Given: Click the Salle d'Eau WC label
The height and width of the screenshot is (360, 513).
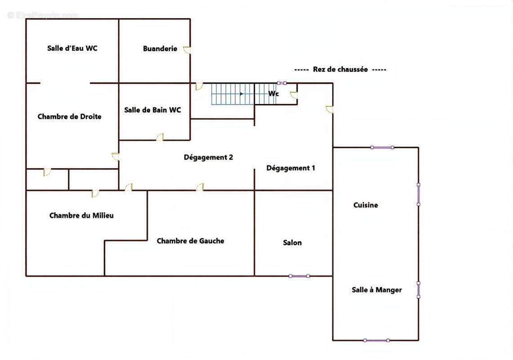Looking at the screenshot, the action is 72,48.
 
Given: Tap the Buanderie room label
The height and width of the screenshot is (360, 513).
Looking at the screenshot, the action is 160,49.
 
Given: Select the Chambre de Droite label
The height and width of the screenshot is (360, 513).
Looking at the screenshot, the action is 69,116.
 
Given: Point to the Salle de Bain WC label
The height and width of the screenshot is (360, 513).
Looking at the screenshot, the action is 152,110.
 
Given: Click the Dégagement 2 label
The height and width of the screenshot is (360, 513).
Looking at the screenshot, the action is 209,157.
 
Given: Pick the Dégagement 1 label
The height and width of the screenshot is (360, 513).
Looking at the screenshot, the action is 290,168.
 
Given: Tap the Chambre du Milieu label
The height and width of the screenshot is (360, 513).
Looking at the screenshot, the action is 81,215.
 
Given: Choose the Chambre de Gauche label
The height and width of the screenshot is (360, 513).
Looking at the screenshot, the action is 191,241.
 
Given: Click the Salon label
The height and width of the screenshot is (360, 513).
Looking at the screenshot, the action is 293,243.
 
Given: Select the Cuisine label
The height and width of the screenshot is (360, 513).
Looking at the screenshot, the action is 366,205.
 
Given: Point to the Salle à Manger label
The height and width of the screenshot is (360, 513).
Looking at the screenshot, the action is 377,290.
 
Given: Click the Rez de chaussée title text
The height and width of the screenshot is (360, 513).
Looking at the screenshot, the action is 340,69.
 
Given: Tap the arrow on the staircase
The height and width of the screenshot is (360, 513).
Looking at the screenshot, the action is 241,94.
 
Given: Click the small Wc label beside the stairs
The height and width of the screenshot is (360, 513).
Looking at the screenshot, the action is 273,94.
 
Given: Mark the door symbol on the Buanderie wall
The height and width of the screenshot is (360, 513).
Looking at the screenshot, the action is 187,50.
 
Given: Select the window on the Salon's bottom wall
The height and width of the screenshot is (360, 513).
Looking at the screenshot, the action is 299,276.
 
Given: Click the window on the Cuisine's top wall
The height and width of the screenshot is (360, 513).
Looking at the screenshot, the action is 382,148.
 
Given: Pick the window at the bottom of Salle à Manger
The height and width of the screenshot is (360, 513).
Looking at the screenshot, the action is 376,340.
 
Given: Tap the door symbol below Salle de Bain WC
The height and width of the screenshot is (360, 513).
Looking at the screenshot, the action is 160,137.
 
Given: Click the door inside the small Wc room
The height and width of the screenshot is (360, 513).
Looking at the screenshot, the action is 294,95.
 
